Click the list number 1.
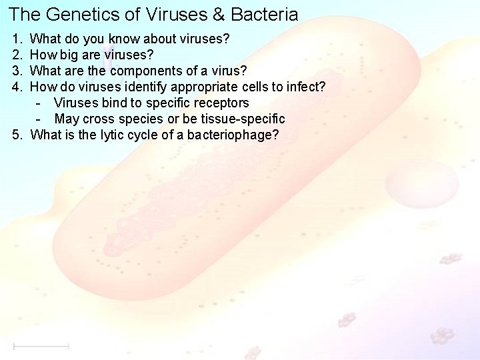pos(17,39)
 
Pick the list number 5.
pos(17,135)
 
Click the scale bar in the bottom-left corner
pos(41,346)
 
